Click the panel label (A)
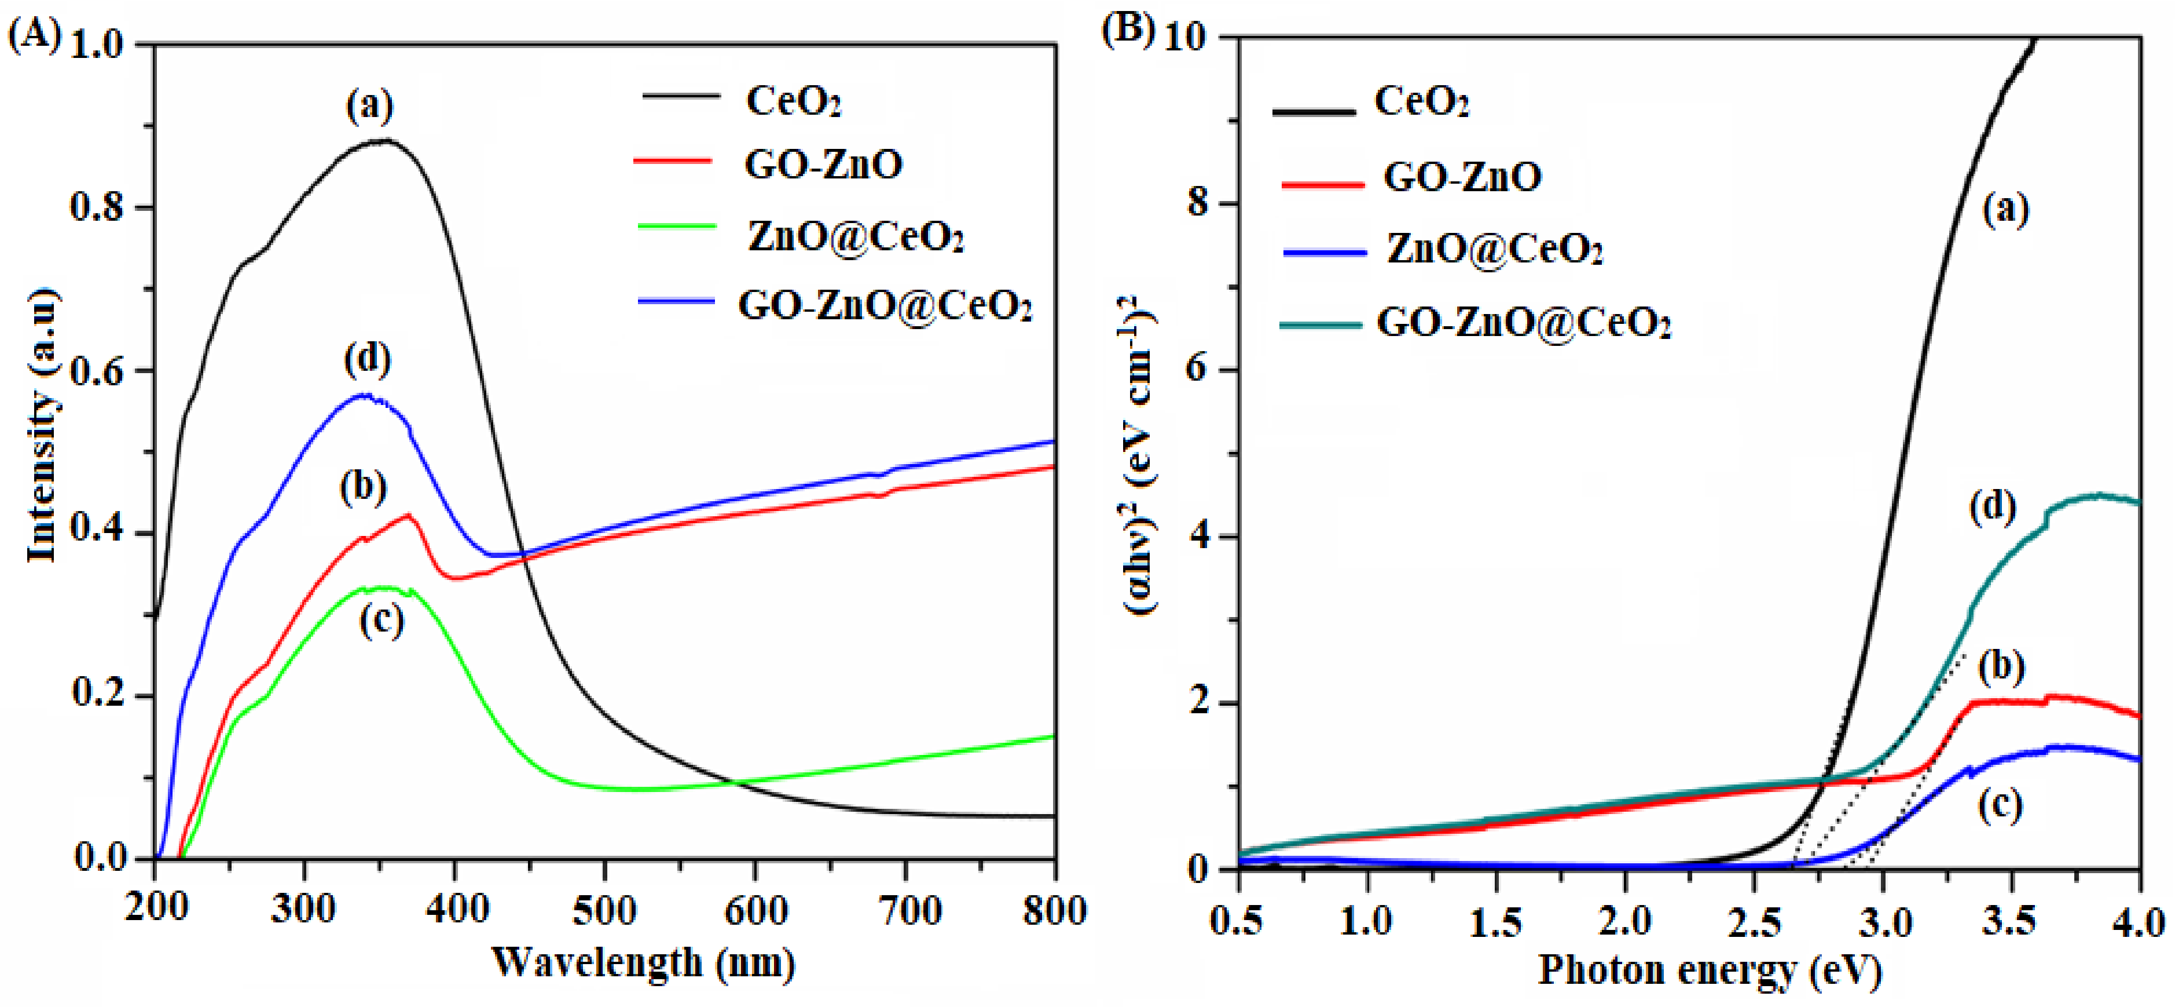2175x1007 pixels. tap(34, 35)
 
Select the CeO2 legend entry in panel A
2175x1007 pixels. tap(792, 101)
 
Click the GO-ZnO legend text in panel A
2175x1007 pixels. tap(823, 164)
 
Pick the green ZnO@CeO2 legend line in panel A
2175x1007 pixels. tap(676, 227)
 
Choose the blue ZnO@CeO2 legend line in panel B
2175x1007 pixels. tap(1324, 251)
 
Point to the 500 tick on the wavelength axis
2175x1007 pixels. tap(604, 911)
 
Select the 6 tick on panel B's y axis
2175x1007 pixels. tap(1197, 370)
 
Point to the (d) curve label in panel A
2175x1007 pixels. tap(367, 359)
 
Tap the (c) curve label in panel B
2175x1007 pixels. tap(2000, 805)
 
